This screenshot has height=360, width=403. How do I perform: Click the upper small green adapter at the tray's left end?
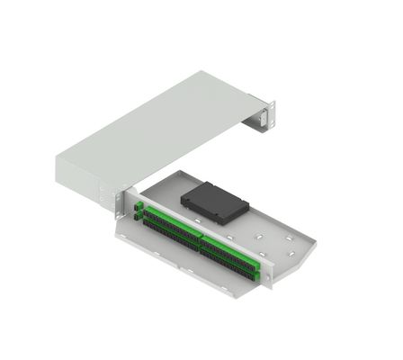(x=138, y=207)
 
